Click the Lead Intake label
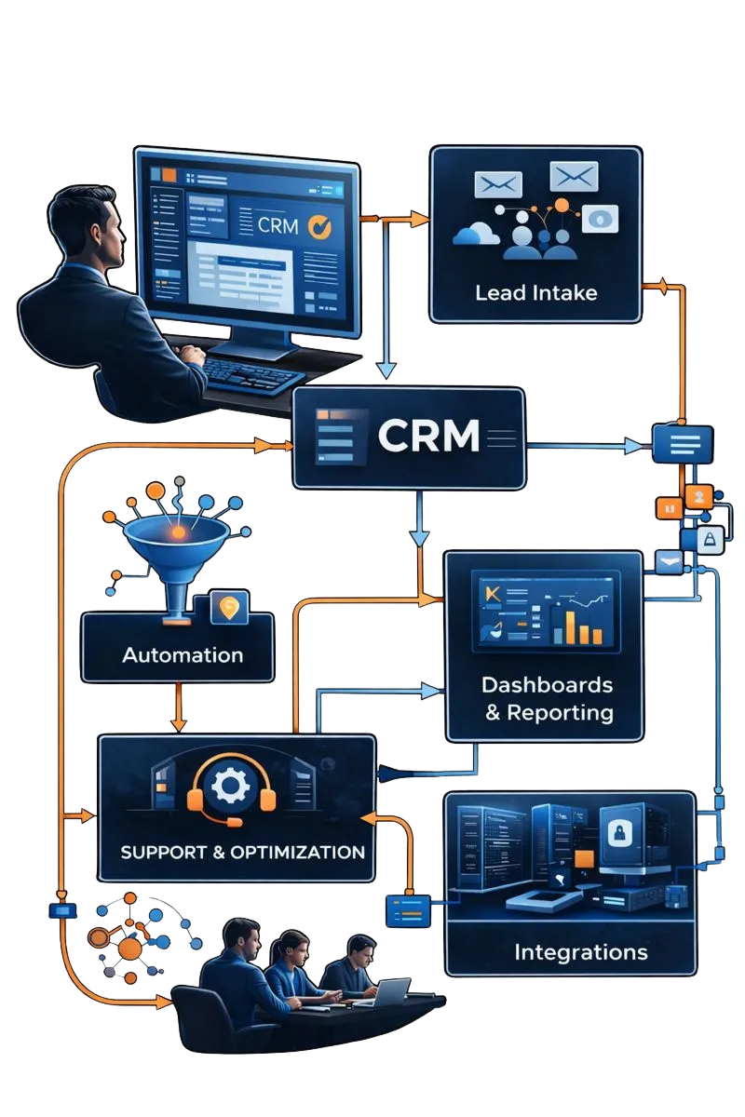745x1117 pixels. coord(535,293)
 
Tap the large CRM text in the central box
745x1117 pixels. coord(429,436)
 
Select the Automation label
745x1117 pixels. coord(183,654)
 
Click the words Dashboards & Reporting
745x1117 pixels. coord(547,698)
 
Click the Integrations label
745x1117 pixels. coord(580,952)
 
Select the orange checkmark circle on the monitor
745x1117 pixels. coord(318,225)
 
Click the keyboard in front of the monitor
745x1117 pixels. coord(251,372)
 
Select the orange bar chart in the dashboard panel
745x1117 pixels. coord(577,626)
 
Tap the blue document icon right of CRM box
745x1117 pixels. coord(683,442)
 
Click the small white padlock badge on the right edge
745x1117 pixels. coord(710,539)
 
